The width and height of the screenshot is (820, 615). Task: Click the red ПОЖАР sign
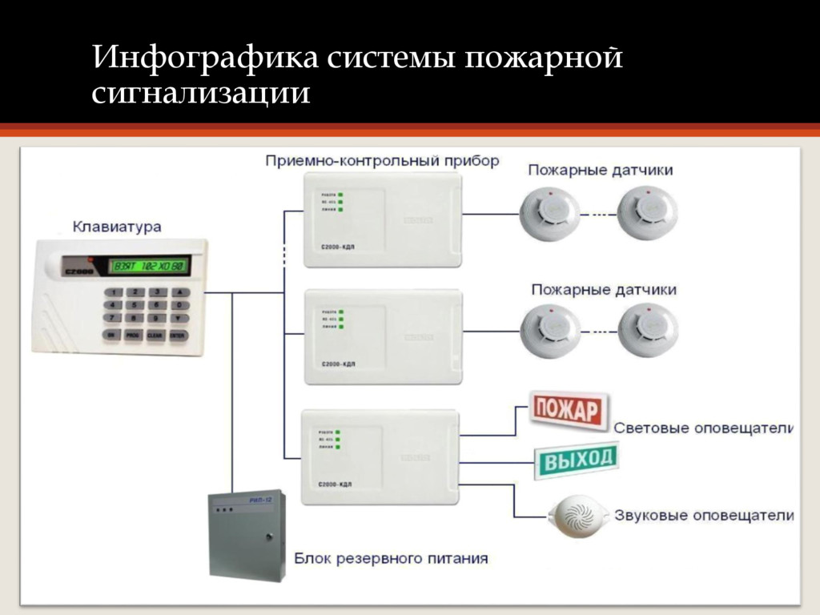click(x=568, y=412)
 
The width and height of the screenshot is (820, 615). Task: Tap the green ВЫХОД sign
click(x=576, y=460)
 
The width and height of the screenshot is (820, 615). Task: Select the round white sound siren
click(x=577, y=514)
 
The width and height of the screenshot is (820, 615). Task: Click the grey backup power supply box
click(x=247, y=533)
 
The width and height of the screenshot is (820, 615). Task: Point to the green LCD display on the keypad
click(x=149, y=266)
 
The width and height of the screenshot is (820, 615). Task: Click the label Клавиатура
click(x=117, y=227)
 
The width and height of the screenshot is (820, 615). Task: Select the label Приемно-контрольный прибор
click(x=382, y=161)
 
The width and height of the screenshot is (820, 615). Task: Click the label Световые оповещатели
click(x=703, y=428)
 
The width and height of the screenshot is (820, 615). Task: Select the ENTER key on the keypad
click(x=178, y=335)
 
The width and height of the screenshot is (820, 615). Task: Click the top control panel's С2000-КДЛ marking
click(x=337, y=248)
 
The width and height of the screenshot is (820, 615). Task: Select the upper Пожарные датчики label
click(x=600, y=171)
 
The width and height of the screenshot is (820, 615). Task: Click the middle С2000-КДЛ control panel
click(x=383, y=336)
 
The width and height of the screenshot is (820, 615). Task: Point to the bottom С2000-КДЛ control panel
click(x=380, y=456)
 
